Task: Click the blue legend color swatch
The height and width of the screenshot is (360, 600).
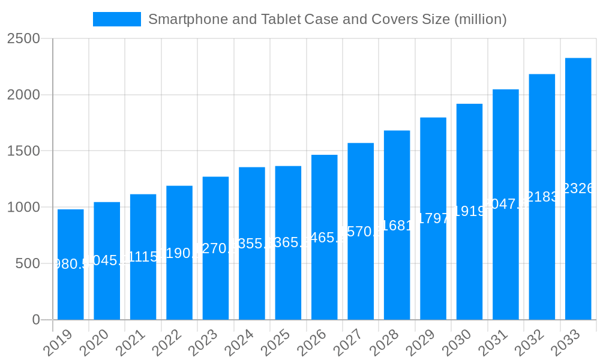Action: (x=117, y=19)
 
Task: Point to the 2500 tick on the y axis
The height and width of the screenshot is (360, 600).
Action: (x=23, y=39)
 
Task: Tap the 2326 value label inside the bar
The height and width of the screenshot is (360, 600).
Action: (x=578, y=188)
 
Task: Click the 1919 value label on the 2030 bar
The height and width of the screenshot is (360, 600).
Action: (x=469, y=211)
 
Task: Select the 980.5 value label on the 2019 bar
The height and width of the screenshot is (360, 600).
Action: (x=71, y=264)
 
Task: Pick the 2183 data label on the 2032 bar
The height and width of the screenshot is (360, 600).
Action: (x=542, y=197)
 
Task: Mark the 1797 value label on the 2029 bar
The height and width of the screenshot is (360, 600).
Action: (x=433, y=218)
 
